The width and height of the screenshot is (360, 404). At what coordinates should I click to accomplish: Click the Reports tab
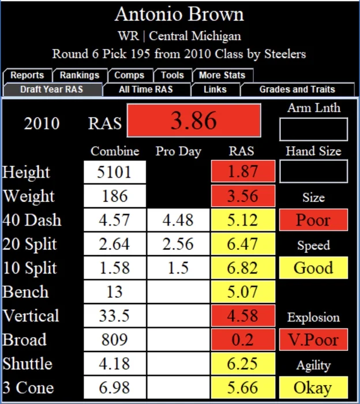(27, 75)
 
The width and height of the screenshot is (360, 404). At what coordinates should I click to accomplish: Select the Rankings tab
(80, 75)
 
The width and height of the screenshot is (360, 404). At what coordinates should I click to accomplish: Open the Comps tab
(129, 75)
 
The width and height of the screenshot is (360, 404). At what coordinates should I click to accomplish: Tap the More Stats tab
(222, 75)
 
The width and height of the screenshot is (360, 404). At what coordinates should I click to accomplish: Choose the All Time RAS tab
(145, 89)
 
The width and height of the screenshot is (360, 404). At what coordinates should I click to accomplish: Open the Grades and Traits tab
(297, 89)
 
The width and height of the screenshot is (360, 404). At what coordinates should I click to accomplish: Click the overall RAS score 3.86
(194, 121)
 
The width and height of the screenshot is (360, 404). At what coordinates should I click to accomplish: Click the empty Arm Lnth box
(313, 129)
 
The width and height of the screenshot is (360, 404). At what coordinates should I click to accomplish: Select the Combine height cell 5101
(114, 172)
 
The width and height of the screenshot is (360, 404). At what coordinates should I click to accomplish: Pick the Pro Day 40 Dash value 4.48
(178, 220)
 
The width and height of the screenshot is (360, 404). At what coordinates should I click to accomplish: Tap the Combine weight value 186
(114, 196)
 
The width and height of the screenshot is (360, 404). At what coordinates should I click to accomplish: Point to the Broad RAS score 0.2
(242, 339)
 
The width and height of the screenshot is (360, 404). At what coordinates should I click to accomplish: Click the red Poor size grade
(313, 220)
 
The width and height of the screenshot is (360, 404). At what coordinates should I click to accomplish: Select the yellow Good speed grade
(313, 268)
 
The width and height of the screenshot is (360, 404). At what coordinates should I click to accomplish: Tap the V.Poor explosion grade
(313, 339)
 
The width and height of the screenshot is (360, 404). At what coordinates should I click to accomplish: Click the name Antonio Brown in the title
(179, 14)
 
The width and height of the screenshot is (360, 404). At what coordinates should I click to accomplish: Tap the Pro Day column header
(178, 151)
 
